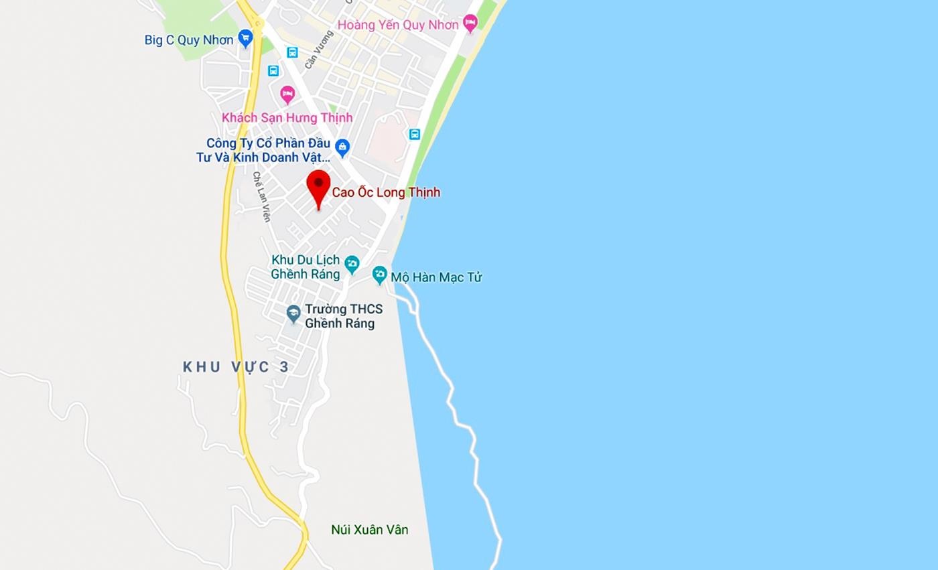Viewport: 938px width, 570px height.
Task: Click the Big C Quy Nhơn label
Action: click(x=188, y=40)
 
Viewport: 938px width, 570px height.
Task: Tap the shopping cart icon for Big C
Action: click(x=245, y=38)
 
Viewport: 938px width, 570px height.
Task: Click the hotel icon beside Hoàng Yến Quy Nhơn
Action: click(x=470, y=23)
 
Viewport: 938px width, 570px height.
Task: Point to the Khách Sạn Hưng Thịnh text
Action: click(x=287, y=118)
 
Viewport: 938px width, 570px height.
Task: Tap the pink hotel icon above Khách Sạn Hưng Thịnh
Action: click(x=287, y=94)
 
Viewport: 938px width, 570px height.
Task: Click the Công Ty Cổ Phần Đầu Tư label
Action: click(x=263, y=150)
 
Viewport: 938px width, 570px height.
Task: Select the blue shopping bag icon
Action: click(x=342, y=147)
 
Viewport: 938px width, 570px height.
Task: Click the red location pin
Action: click(x=318, y=187)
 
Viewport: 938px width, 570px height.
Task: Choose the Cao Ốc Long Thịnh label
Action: click(x=386, y=192)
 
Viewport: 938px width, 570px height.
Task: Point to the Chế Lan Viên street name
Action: click(x=261, y=196)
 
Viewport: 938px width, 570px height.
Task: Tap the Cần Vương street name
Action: click(x=318, y=50)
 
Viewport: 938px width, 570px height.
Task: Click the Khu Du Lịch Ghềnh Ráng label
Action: click(x=306, y=267)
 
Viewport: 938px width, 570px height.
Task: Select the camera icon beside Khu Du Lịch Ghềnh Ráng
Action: click(x=352, y=265)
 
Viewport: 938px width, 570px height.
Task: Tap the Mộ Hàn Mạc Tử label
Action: click(x=436, y=277)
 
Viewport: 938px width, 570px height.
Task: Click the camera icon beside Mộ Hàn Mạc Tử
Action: click(x=380, y=274)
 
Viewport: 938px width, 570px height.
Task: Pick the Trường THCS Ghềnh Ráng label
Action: click(x=344, y=316)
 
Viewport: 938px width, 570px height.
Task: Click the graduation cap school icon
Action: click(x=293, y=313)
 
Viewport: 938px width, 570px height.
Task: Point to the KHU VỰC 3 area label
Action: click(x=236, y=366)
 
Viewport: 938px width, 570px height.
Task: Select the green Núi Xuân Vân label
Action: click(x=369, y=530)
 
